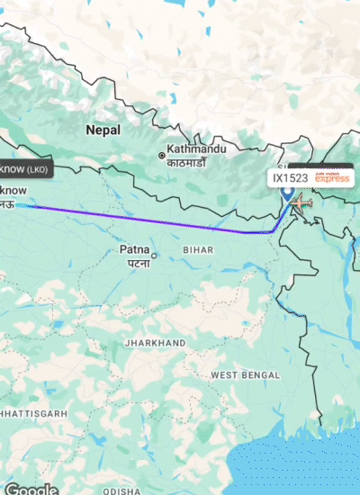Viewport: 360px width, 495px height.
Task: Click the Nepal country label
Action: [103, 130]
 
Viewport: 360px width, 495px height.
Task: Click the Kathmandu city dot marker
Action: [162, 156]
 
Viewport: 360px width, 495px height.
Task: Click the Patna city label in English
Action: [136, 248]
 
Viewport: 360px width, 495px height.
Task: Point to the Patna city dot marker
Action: [155, 256]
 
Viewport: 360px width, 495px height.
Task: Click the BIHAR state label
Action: [198, 247]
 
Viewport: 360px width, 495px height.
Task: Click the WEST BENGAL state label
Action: [243, 373]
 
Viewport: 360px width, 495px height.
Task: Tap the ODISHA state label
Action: [121, 491]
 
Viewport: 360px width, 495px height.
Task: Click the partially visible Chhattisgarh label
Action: [32, 412]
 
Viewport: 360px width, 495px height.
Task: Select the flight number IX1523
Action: [290, 179]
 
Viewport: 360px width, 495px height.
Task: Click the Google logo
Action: [31, 489]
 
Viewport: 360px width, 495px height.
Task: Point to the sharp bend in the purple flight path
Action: [273, 232]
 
